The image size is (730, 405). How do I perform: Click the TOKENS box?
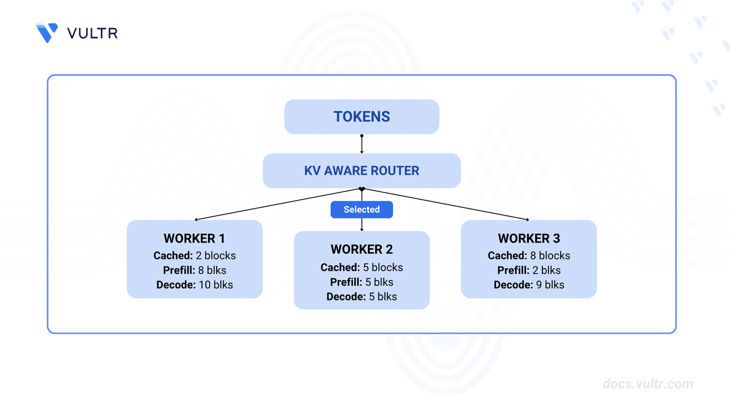coord(362,117)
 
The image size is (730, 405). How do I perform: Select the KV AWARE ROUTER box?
coord(362,171)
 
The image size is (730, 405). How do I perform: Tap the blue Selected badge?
coord(362,209)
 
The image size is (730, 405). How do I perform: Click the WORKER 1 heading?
coord(194,238)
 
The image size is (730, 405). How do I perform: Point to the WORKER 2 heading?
coord(362,249)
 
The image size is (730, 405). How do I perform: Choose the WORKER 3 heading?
coord(529,238)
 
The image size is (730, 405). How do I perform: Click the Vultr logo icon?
coord(47,33)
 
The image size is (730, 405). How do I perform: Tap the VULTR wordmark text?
coord(92,33)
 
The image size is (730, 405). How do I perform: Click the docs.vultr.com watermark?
coord(648,384)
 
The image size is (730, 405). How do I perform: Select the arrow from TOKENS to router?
coord(362,144)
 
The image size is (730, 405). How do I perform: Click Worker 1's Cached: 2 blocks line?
coord(194,256)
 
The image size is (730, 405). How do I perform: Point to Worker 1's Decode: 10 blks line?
coord(194,285)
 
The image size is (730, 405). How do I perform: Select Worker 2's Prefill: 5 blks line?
coord(362,282)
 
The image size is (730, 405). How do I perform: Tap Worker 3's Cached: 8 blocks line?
coord(529,256)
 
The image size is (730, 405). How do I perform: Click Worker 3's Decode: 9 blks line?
coord(529,285)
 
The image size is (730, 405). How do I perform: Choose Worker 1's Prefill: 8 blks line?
coord(194,270)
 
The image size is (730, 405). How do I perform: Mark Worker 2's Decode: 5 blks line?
coord(362,297)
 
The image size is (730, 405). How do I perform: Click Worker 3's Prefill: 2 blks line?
coord(529,270)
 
